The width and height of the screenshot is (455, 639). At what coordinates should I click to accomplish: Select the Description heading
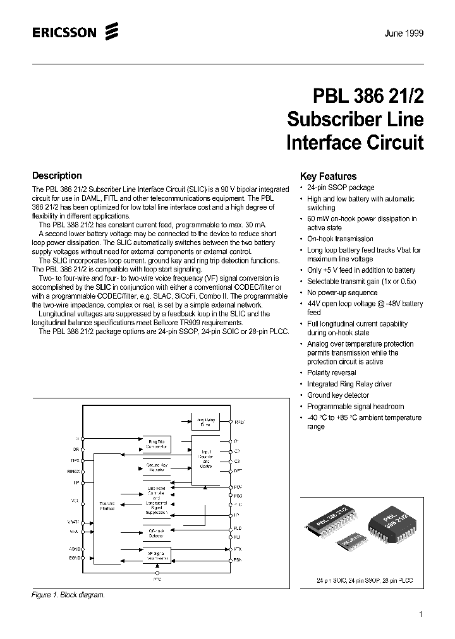tap(57, 176)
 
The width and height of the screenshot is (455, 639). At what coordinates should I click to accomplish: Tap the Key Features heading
tap(328, 177)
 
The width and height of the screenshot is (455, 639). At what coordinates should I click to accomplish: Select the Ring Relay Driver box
tap(205, 422)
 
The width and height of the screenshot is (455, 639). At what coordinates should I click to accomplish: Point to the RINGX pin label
tap(72, 470)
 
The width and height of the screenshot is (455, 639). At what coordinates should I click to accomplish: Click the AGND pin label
tap(73, 549)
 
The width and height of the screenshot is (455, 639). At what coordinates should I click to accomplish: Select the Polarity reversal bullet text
tap(331, 373)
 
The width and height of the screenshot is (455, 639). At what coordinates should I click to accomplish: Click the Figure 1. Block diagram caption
tap(68, 595)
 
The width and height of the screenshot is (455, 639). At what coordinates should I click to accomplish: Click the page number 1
tap(420, 614)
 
